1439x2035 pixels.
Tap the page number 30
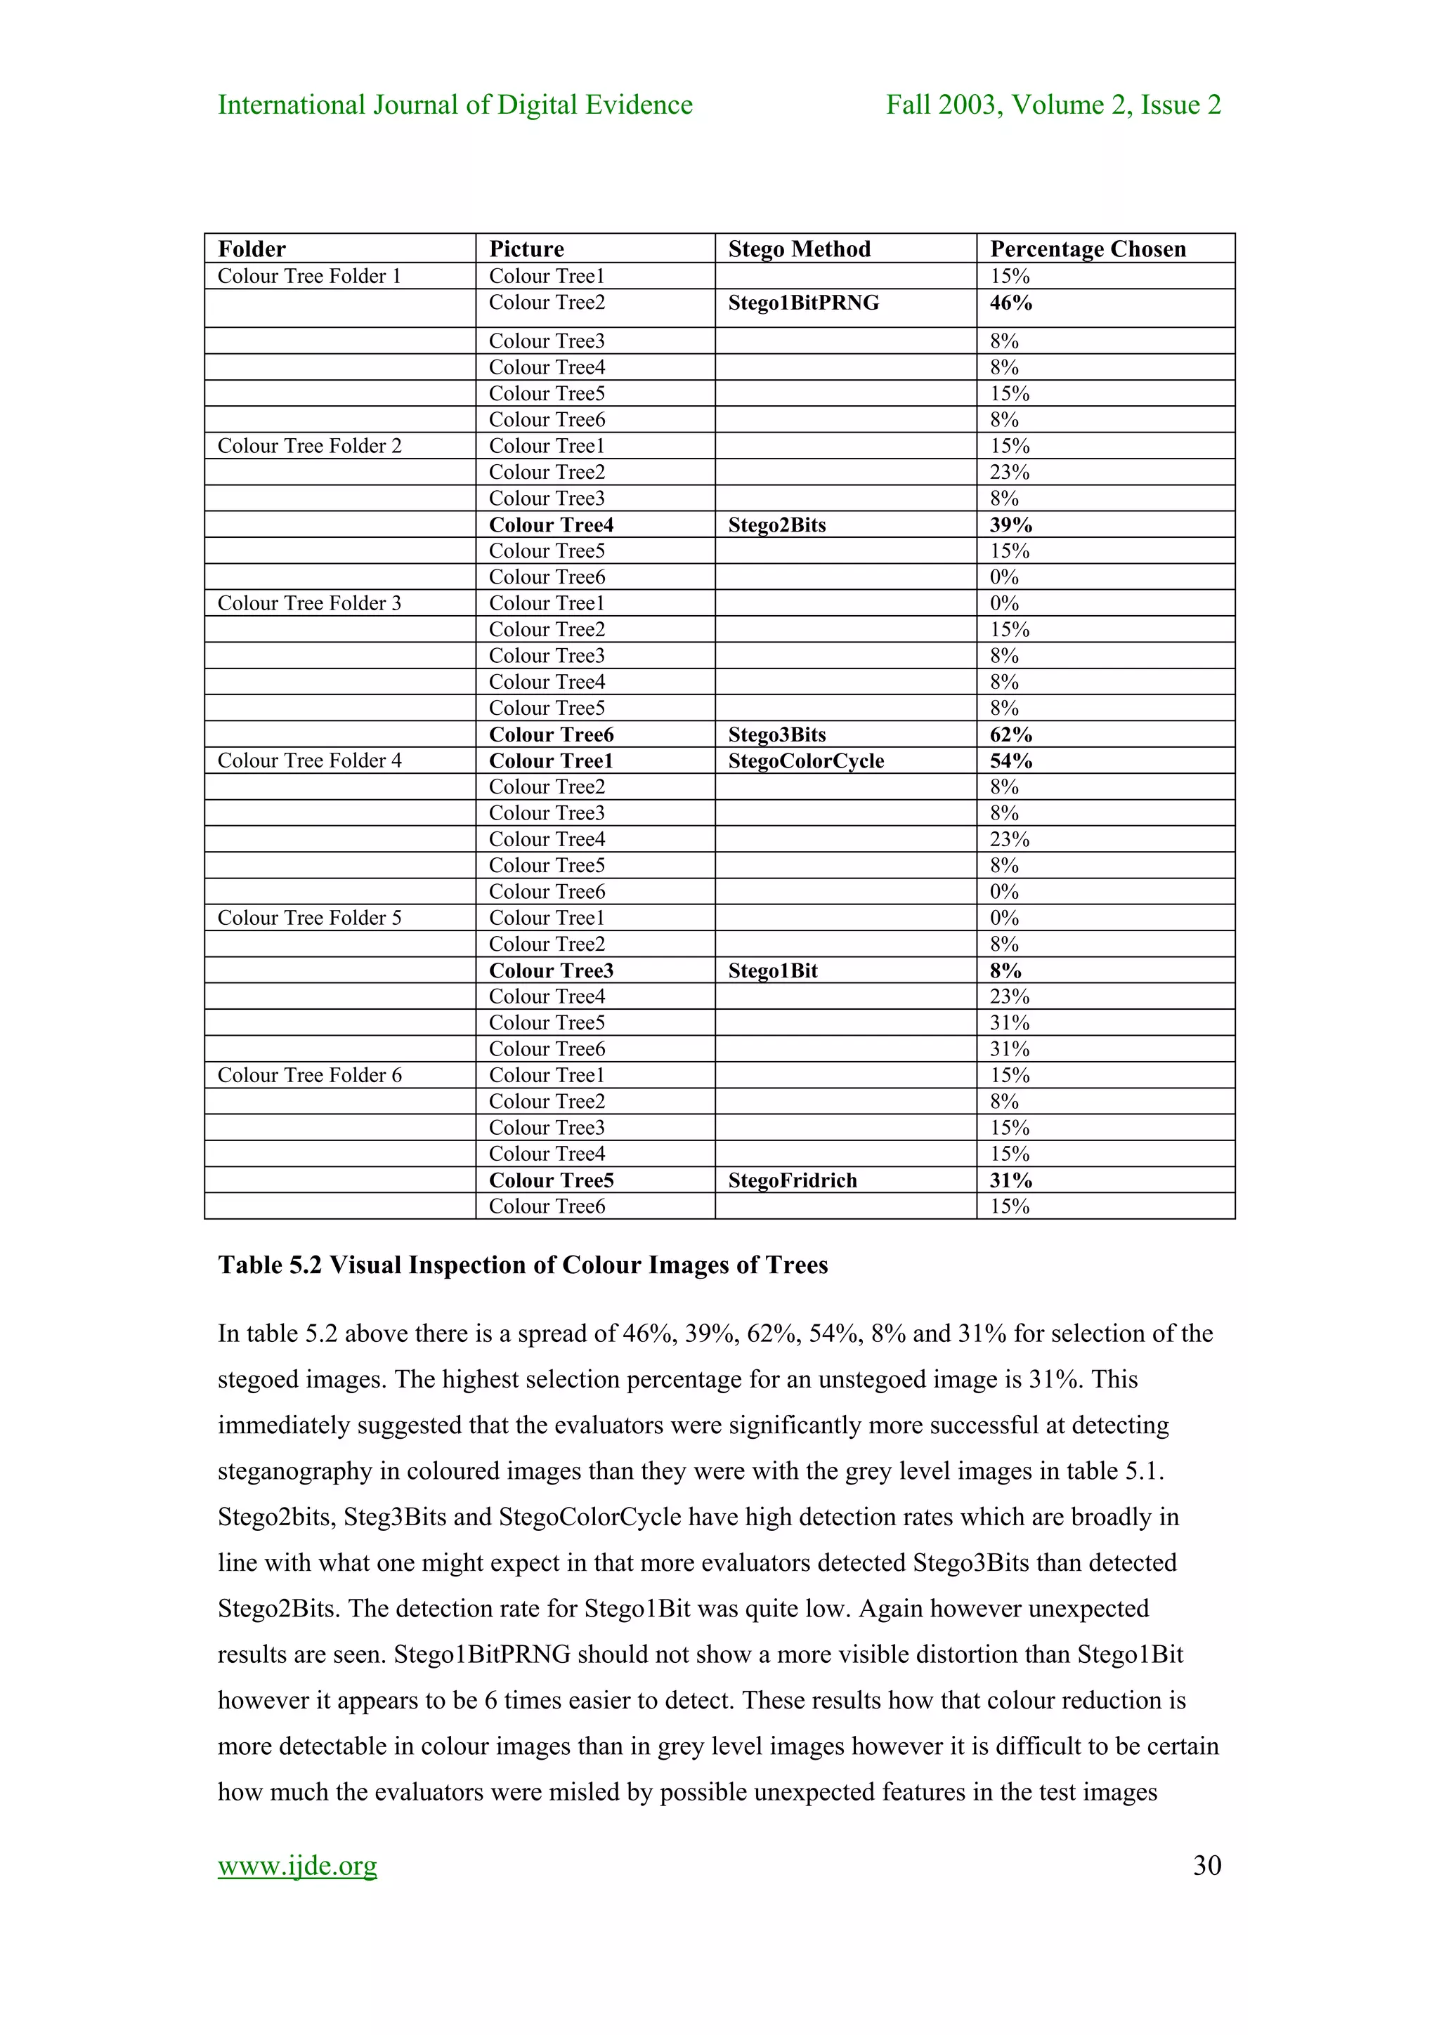[x=1206, y=1865]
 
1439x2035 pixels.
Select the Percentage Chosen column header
[x=1087, y=249]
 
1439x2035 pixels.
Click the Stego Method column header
[x=799, y=249]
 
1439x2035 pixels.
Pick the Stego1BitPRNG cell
[x=803, y=303]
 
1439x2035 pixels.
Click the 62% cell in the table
[x=1011, y=735]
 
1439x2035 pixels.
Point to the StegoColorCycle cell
[x=806, y=761]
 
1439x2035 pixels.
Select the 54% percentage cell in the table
[x=1011, y=761]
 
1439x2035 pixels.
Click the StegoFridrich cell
[x=793, y=1180]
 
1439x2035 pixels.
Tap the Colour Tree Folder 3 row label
[x=309, y=604]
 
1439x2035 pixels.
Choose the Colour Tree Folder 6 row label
[x=309, y=1075]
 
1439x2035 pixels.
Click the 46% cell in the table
[x=1011, y=303]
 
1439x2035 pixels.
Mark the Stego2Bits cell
[x=776, y=525]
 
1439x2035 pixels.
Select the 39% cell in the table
[x=1011, y=525]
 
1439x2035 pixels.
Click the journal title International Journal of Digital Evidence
[x=455, y=105]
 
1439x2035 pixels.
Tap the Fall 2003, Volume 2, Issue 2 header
[x=1053, y=105]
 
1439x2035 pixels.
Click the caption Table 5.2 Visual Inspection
[x=522, y=1265]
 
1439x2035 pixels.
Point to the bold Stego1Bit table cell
[x=772, y=970]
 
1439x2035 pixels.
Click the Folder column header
[x=252, y=249]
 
